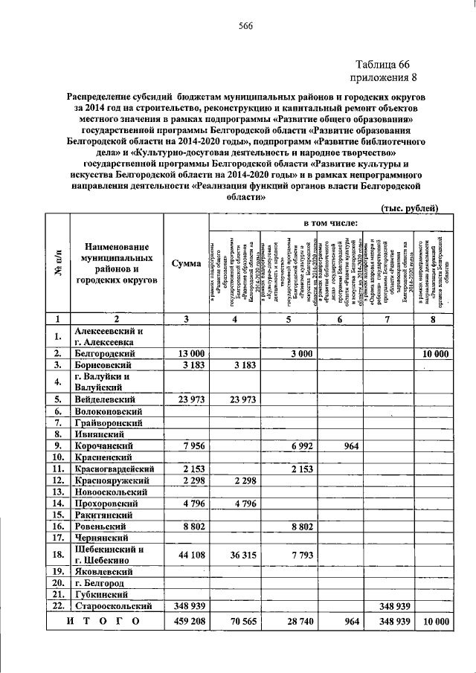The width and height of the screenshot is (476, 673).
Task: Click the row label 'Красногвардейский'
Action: click(x=112, y=469)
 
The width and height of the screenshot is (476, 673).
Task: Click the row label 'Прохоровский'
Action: click(x=108, y=504)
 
